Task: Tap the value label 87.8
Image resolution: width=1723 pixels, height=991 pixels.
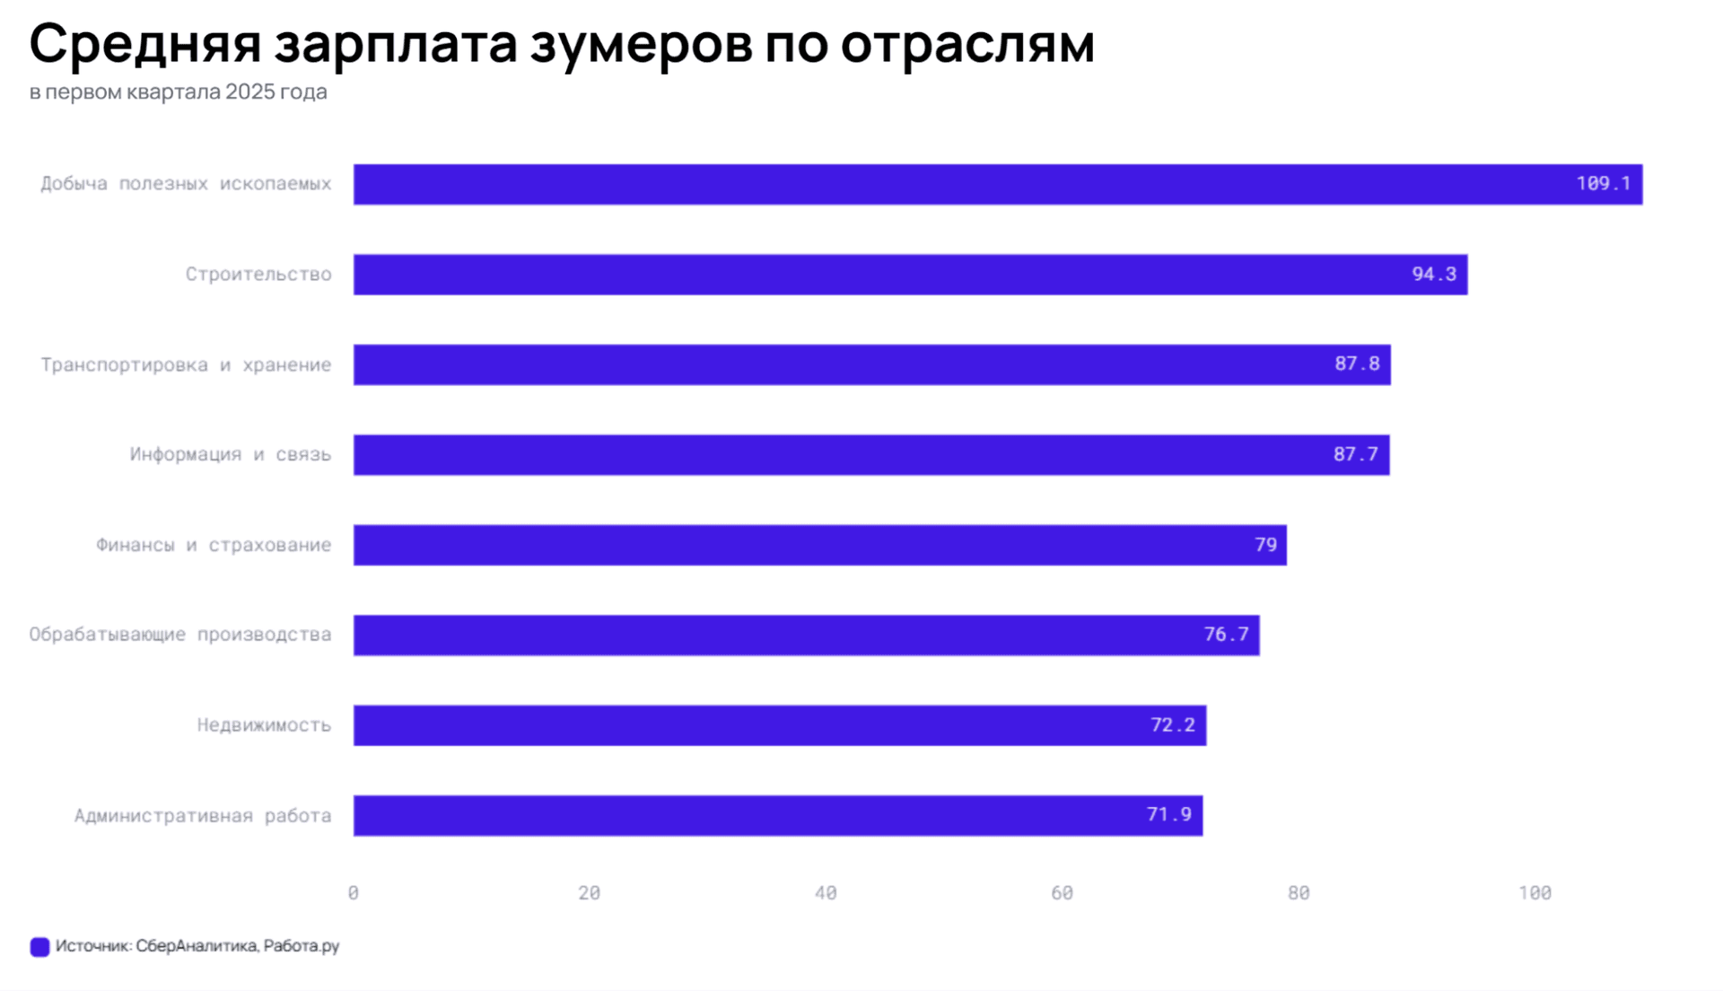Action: pyautogui.click(x=1356, y=364)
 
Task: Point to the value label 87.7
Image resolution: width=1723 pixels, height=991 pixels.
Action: pyautogui.click(x=1355, y=454)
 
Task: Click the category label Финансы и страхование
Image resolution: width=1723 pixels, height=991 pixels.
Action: pyautogui.click(x=214, y=545)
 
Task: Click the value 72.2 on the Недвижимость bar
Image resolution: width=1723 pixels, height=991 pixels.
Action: pyautogui.click(x=1172, y=725)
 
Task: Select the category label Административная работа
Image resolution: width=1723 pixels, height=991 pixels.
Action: pyautogui.click(x=203, y=816)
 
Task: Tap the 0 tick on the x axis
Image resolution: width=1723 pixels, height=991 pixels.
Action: pyautogui.click(x=354, y=893)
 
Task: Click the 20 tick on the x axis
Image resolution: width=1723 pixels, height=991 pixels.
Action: pyautogui.click(x=590, y=893)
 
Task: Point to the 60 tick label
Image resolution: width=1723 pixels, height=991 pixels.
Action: pyautogui.click(x=1062, y=893)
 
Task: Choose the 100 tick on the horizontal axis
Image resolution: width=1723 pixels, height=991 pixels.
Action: pyautogui.click(x=1535, y=893)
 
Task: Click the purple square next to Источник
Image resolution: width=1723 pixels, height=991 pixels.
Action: pyautogui.click(x=39, y=947)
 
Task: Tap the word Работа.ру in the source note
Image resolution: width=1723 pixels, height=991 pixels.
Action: pyautogui.click(x=302, y=946)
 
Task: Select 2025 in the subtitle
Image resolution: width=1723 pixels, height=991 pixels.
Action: pyautogui.click(x=250, y=92)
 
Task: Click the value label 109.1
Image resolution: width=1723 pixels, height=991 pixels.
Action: pyautogui.click(x=1603, y=183)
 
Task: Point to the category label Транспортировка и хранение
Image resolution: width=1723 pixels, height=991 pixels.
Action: pyautogui.click(x=186, y=364)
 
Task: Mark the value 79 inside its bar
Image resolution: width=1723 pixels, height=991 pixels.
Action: pyautogui.click(x=1265, y=545)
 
